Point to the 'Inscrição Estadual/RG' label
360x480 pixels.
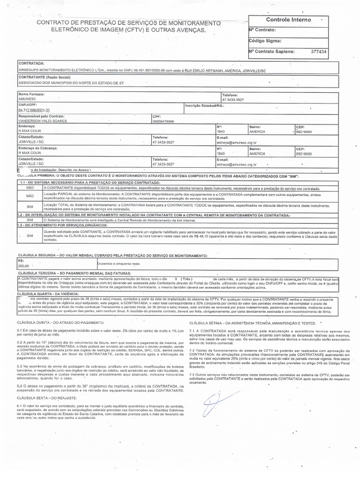tap(204, 105)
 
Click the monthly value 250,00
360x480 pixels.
tap(23, 266)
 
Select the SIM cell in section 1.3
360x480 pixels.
tap(30, 236)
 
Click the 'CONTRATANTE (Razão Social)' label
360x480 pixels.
tap(44, 76)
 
